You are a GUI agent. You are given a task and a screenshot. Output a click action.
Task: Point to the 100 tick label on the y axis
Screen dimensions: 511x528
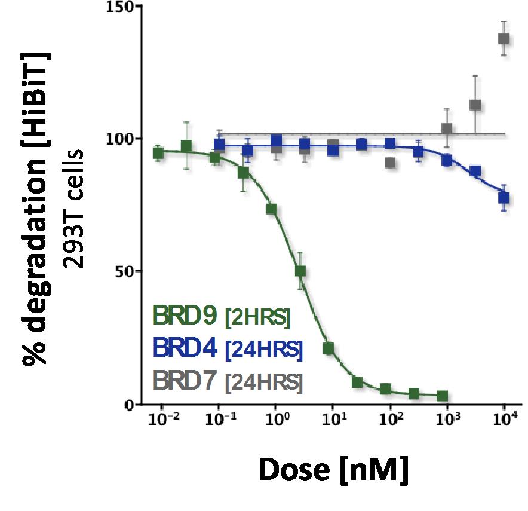(118, 139)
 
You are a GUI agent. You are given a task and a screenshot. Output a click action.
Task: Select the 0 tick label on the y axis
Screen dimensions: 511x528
(127, 404)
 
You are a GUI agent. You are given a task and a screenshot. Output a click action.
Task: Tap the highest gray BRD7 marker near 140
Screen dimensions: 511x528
(504, 38)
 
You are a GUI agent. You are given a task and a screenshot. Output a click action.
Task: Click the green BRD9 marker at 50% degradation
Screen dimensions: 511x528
(300, 271)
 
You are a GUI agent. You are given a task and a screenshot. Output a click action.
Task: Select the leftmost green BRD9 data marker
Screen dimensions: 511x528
(158, 152)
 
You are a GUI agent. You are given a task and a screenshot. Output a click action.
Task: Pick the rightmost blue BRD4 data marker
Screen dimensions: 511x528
(504, 198)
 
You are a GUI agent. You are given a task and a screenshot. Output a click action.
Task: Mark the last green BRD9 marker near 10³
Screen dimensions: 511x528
(442, 396)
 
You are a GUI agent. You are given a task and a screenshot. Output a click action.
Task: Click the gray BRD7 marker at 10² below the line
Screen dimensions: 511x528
(390, 162)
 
